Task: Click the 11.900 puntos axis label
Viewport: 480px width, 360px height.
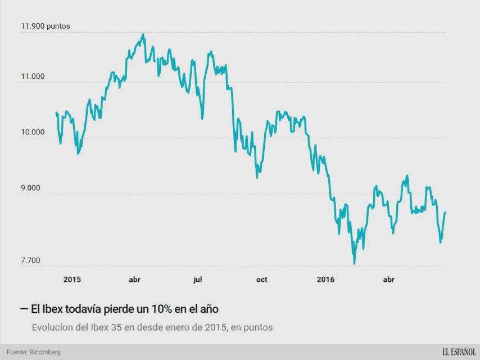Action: click(46, 26)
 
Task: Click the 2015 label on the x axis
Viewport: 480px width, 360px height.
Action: click(72, 280)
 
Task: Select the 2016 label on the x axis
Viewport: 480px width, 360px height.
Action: click(325, 280)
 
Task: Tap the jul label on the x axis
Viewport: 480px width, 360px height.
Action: click(197, 280)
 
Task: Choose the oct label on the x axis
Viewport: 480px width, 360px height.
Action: click(261, 280)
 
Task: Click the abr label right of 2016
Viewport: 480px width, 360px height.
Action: click(388, 280)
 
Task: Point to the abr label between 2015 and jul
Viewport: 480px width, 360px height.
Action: click(134, 280)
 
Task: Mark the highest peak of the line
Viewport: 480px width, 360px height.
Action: click(143, 34)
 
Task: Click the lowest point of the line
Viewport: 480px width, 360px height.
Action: click(354, 263)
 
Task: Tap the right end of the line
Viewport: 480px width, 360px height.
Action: click(445, 213)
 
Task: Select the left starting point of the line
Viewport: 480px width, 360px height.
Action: click(56, 112)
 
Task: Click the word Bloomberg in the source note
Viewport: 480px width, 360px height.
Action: click(45, 352)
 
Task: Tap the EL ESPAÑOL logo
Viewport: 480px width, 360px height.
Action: click(458, 352)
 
